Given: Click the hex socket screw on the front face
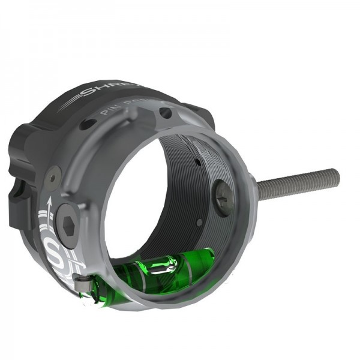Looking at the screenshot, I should (x=68, y=227).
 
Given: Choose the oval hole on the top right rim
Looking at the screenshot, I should (x=166, y=113).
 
